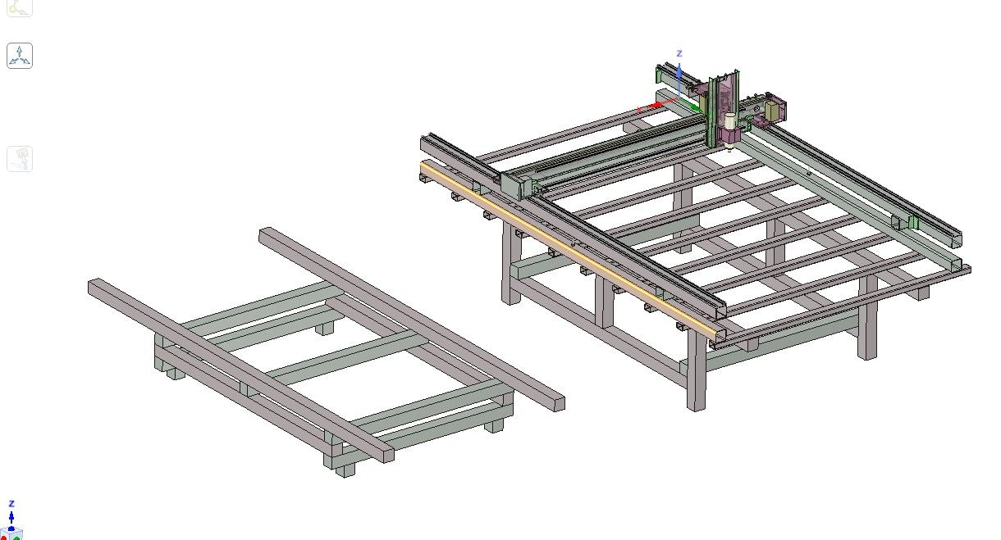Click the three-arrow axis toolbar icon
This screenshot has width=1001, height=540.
(20, 56)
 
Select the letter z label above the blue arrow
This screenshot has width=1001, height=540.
(679, 52)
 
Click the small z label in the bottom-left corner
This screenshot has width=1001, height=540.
(11, 503)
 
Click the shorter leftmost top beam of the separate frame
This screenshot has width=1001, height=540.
(238, 369)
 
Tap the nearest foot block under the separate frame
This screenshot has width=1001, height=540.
(345, 470)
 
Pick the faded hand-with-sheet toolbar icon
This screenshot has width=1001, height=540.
(20, 158)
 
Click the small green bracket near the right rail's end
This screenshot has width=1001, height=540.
(912, 223)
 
